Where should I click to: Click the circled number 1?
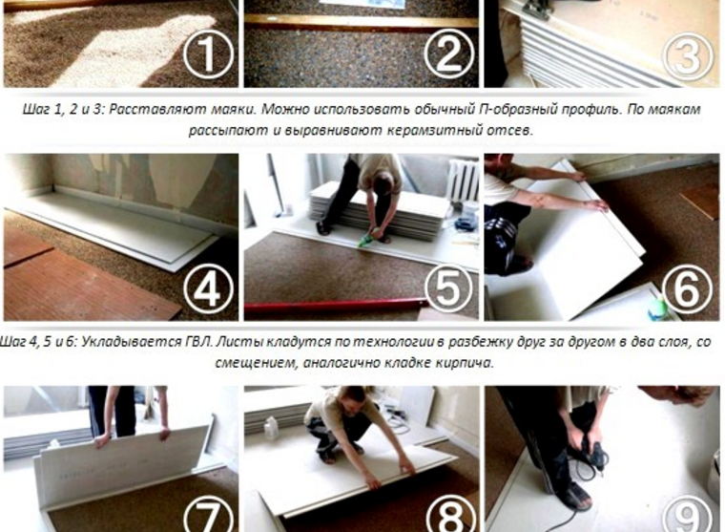[208, 54]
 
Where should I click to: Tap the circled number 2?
[448, 53]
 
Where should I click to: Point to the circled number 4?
[208, 289]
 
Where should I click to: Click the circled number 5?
[448, 288]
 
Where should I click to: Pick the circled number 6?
[688, 289]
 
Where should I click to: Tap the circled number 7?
[208, 517]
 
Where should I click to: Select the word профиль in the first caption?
[587, 110]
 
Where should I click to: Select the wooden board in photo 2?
[362, 21]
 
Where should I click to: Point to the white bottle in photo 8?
[271, 428]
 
